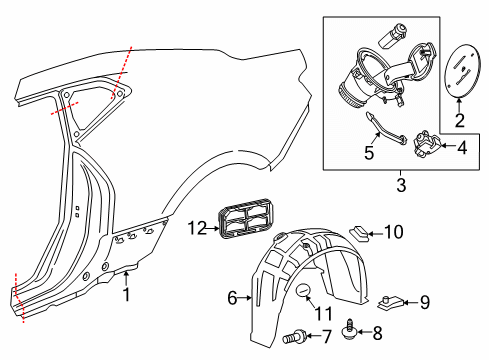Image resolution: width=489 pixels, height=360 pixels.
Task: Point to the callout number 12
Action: pyautogui.click(x=196, y=228)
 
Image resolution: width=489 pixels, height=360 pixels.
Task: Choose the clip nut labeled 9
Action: pyautogui.click(x=392, y=298)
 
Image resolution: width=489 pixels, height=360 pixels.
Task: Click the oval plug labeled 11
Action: pyautogui.click(x=303, y=291)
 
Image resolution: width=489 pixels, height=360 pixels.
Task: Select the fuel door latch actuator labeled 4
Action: pyautogui.click(x=429, y=146)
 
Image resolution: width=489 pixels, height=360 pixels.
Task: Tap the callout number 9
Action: pyautogui.click(x=424, y=299)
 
